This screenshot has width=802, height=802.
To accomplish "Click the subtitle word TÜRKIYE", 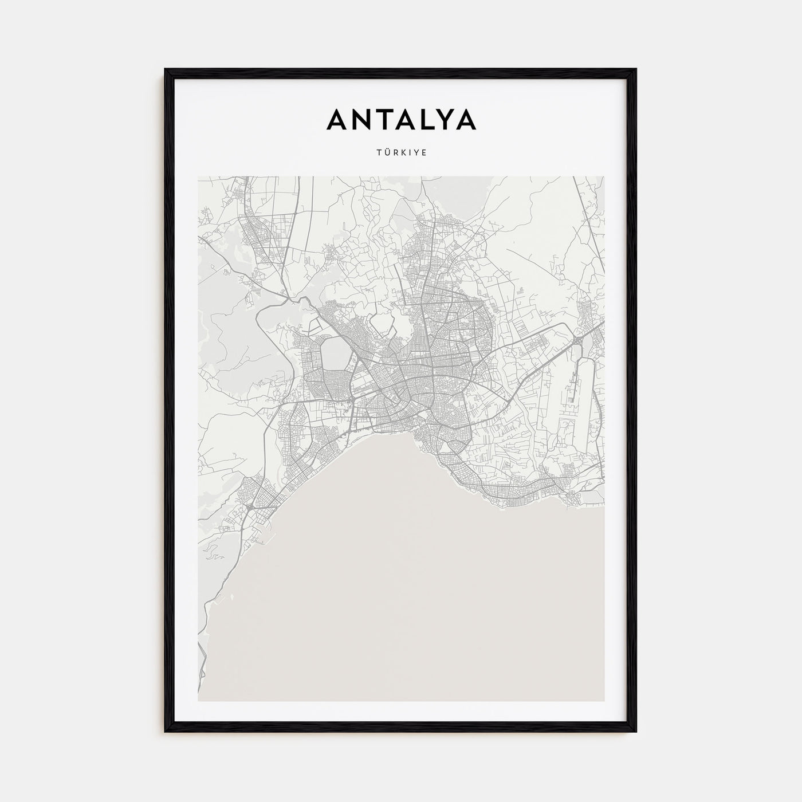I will tap(401, 154).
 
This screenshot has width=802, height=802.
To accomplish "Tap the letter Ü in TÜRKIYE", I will tap(385, 153).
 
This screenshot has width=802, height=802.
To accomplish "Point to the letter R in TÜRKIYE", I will tap(394, 154).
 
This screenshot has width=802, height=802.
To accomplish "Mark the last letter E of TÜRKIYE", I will tap(424, 154).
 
